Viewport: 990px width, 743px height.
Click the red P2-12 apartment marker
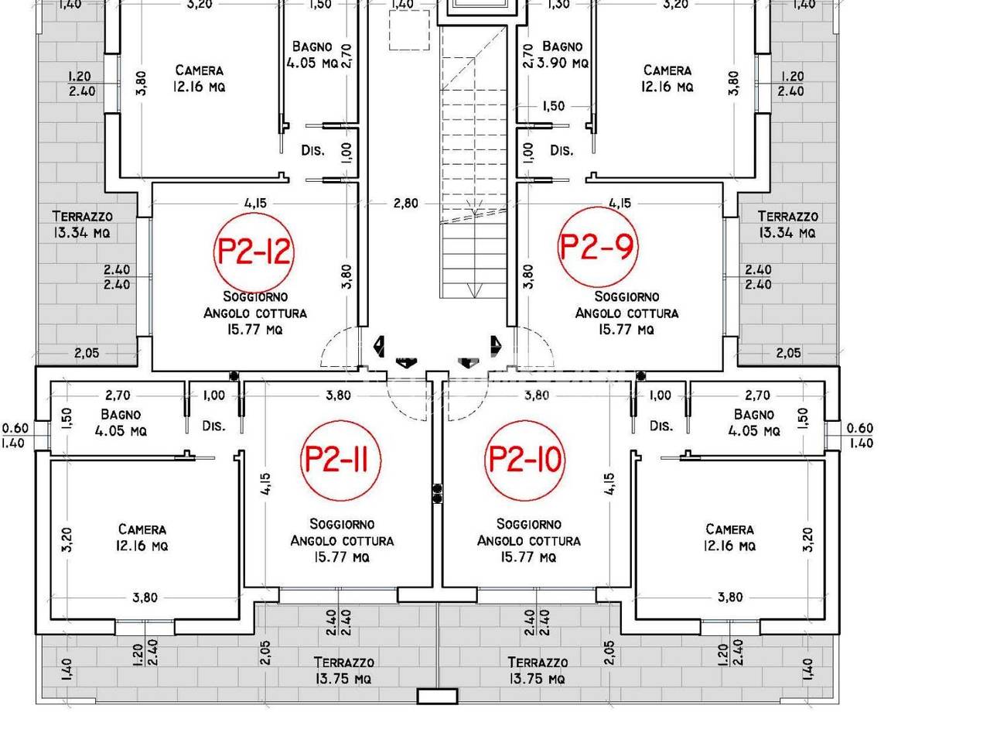pos(254,253)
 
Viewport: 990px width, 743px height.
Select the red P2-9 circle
pos(598,247)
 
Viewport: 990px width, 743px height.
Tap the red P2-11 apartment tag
pos(340,461)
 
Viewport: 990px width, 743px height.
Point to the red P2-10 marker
pos(525,461)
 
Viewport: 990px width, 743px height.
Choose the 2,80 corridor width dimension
pos(405,203)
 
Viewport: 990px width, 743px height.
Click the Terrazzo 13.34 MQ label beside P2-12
pos(82,224)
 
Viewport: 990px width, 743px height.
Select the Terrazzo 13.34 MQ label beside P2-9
pos(787,224)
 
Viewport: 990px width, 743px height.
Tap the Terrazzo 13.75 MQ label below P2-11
pos(343,670)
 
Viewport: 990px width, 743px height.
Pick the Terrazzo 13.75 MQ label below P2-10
pos(538,670)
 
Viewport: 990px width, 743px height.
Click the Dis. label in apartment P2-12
pos(312,150)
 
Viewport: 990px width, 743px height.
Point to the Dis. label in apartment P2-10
pos(661,426)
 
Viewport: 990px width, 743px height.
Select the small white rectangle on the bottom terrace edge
pos(437,696)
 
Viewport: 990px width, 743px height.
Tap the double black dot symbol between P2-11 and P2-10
pos(437,493)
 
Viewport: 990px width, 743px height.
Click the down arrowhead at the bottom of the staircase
pos(474,290)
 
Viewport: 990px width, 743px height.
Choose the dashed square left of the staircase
pos(409,29)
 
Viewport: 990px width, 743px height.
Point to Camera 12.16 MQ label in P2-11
pos(142,537)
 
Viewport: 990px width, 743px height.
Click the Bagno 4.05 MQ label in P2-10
pos(753,423)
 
